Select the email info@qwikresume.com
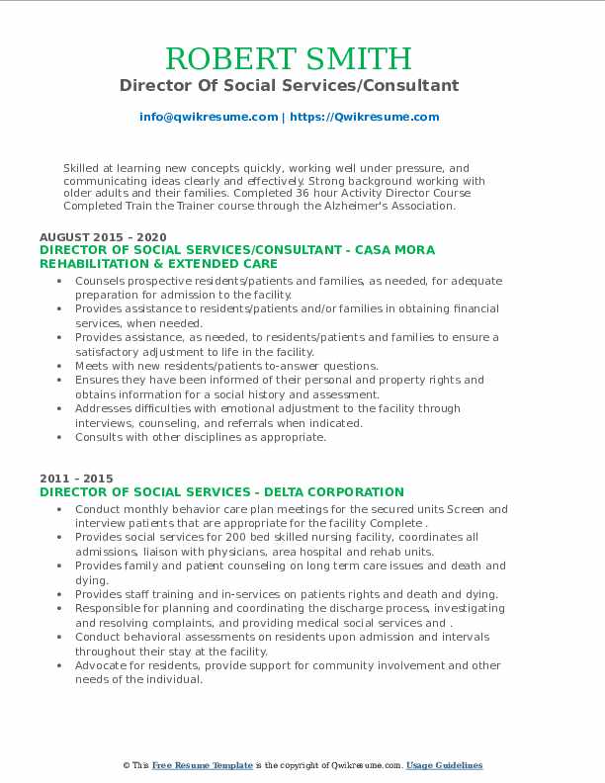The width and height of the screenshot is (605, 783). click(209, 117)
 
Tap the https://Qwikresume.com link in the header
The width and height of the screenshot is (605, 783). click(366, 117)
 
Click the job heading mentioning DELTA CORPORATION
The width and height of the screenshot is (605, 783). click(221, 491)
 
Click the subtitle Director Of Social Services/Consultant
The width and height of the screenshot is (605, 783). click(289, 85)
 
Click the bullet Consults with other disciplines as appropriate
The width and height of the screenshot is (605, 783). click(201, 437)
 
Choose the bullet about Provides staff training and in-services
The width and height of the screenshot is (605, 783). click(286, 594)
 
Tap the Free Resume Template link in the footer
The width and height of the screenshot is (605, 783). click(202, 766)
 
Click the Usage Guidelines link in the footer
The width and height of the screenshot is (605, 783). click(444, 766)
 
